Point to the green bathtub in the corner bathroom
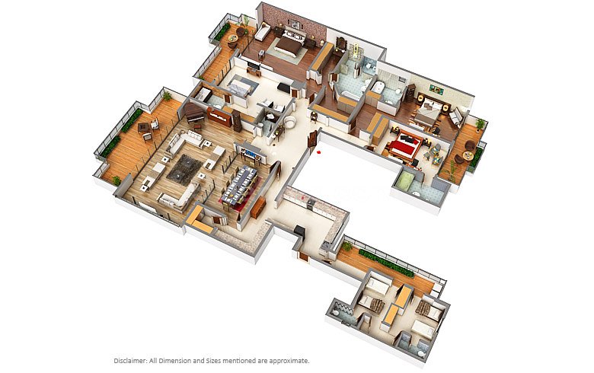click(407, 180)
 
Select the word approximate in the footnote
click(290, 360)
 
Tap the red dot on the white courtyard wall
click(321, 151)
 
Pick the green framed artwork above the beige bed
click(436, 88)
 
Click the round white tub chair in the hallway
click(292, 124)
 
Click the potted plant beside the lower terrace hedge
click(346, 246)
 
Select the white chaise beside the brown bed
click(261, 33)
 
